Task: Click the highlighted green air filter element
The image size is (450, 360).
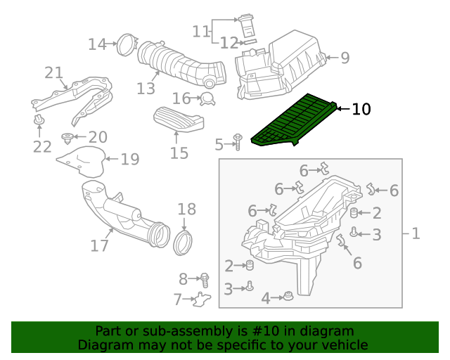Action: coord(294,120)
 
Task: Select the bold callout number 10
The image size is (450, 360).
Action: coord(361,110)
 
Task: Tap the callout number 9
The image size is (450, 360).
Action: coord(345,58)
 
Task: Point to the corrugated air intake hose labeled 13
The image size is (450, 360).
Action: coord(181,64)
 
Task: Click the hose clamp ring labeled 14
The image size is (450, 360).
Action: coord(127,44)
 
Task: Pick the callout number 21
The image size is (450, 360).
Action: coord(53,73)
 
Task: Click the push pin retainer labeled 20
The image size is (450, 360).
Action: coord(67,139)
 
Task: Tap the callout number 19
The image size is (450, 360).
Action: coord(130,159)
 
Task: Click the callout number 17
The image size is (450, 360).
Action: coord(99,246)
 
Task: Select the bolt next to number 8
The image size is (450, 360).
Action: coord(205,280)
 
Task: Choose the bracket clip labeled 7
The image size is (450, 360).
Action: coord(202,299)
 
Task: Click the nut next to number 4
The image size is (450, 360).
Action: coord(288,296)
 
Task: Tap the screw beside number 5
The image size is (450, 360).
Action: coord(238,141)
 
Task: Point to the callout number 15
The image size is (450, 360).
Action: coord(179,153)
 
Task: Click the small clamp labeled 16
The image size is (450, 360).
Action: coord(207,99)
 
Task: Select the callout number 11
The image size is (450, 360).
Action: coord(200,32)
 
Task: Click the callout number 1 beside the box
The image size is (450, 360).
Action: coord(416,233)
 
